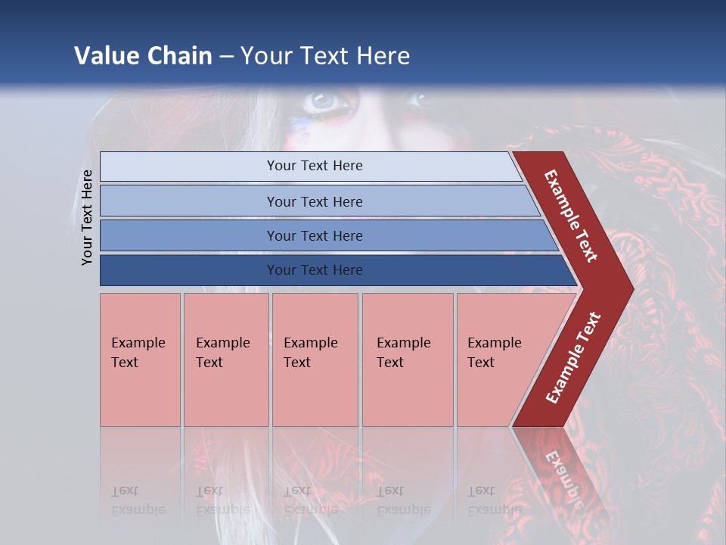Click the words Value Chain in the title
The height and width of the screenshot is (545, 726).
tap(143, 56)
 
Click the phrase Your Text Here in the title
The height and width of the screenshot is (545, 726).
tap(325, 56)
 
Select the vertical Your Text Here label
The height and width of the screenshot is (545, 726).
tap(87, 217)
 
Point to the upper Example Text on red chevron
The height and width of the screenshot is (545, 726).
tap(571, 216)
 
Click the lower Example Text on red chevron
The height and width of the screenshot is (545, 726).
tap(573, 358)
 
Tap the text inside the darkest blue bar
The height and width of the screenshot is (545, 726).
tap(315, 270)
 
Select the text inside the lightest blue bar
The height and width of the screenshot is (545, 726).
tap(315, 166)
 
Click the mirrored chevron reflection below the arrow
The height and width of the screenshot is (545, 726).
tap(563, 469)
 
